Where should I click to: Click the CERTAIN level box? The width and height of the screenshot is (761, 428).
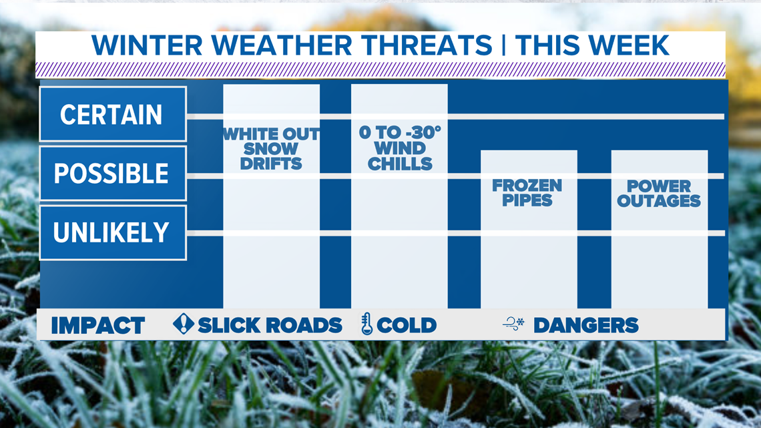coord(113,114)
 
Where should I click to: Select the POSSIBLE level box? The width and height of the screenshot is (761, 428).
coord(113,173)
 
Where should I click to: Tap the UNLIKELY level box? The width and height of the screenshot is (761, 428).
coord(113,232)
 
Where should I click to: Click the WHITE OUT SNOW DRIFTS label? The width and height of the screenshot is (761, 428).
coord(271,148)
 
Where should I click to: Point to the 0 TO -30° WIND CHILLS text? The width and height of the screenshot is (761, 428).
coord(400,148)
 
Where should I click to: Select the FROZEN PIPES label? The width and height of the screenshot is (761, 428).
coord(527,193)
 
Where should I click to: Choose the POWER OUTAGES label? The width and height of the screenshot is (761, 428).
coord(659,193)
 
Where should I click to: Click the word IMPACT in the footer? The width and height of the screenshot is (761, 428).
coord(97,325)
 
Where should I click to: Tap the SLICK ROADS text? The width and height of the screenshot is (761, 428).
coord(270,325)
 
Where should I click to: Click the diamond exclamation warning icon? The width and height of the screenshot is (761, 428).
coord(184,324)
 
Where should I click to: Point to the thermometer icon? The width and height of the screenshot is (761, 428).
coord(367,324)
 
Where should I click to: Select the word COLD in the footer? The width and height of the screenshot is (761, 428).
coord(407,325)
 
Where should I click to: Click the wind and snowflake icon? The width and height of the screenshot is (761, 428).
coord(514,324)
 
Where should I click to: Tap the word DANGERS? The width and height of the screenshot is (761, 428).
coord(586,325)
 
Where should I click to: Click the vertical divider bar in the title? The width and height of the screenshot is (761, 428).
coord(504,45)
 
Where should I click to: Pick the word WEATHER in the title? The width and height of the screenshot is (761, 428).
coord(282,45)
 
